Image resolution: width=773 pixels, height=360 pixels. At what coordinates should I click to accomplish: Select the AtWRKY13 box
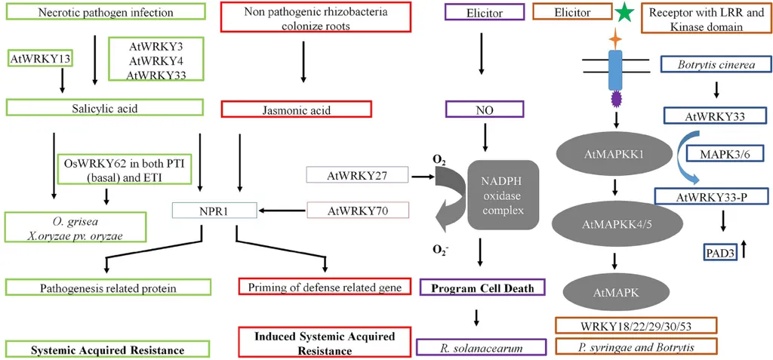pyautogui.click(x=34, y=57)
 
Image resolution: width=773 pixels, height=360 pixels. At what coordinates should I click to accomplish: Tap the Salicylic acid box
pyautogui.click(x=106, y=109)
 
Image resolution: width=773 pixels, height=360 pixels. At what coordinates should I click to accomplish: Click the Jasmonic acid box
pyautogui.click(x=297, y=109)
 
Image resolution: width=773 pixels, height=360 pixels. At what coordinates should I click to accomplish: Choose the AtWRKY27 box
pyautogui.click(x=357, y=175)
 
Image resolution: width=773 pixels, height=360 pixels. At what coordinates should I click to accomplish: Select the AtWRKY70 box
pyautogui.click(x=357, y=211)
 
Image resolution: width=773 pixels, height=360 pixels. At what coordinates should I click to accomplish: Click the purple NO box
pyautogui.click(x=483, y=109)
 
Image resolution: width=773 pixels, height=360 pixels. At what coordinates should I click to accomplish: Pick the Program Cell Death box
pyautogui.click(x=483, y=288)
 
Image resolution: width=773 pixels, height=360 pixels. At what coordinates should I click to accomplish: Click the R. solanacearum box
pyautogui.click(x=480, y=347)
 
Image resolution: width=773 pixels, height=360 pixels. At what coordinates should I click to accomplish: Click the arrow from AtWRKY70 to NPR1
pyautogui.click(x=282, y=211)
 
